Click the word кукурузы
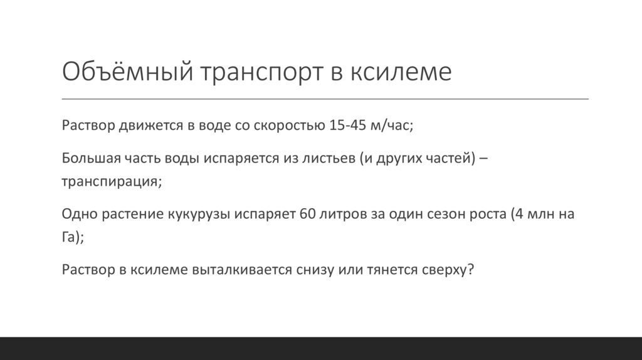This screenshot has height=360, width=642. [x=200, y=214]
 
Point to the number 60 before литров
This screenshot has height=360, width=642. [x=308, y=214]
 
